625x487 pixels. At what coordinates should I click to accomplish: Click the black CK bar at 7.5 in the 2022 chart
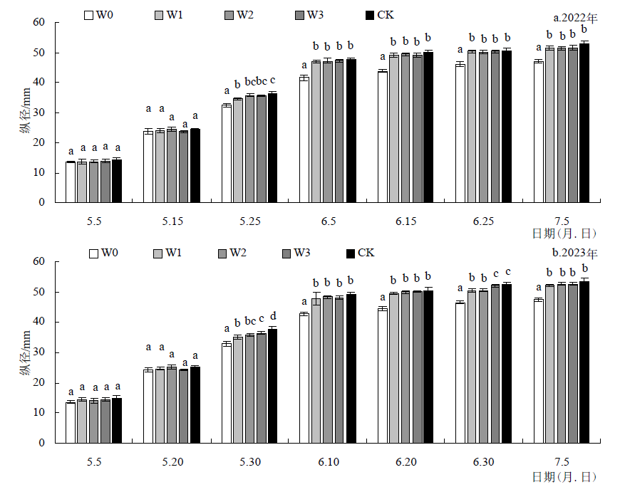point(584,122)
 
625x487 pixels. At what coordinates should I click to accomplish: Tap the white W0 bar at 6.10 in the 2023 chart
point(304,378)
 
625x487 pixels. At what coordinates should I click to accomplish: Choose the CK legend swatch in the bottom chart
point(350,253)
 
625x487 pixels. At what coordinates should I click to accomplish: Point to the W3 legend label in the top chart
point(321,14)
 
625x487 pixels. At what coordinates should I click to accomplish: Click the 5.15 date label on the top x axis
point(172,222)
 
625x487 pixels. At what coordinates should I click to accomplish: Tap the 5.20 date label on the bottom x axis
point(172,462)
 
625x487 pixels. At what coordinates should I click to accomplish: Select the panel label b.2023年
point(575,253)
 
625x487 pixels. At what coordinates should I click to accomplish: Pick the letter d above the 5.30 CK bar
point(272,316)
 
